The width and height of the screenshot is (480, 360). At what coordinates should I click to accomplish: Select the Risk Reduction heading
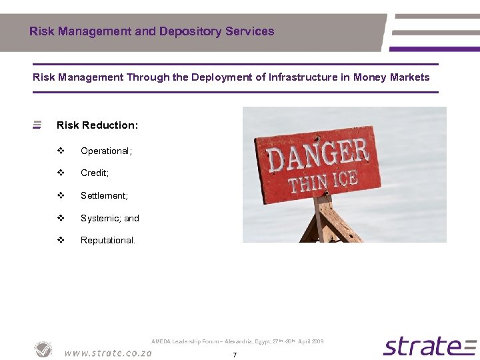click(x=97, y=125)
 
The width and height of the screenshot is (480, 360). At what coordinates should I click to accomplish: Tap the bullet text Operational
click(x=106, y=151)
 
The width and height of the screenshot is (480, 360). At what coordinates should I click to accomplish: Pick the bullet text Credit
click(x=94, y=173)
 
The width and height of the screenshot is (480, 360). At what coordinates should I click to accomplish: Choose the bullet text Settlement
click(x=104, y=196)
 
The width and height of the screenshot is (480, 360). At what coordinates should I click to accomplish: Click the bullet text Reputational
click(x=107, y=241)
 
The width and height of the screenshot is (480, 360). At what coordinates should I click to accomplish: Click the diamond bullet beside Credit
click(x=61, y=173)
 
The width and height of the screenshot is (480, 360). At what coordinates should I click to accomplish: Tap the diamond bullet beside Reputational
click(x=61, y=241)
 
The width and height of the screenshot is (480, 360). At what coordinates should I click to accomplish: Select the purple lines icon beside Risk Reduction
click(x=37, y=125)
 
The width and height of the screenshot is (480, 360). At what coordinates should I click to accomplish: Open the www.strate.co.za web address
click(x=108, y=353)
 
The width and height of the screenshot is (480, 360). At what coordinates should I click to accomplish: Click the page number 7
click(x=235, y=355)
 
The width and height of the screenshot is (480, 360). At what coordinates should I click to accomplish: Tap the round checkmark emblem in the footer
click(x=44, y=349)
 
